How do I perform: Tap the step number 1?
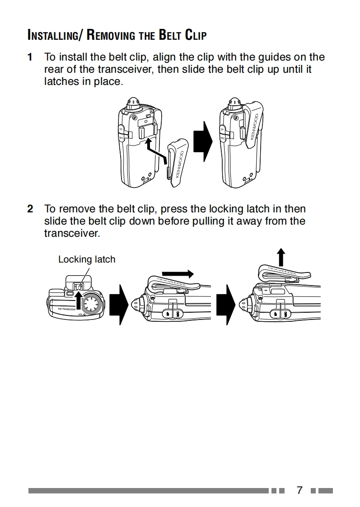[30, 57]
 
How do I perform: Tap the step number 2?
[30, 209]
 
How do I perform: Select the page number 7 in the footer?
[299, 490]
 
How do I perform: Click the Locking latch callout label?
[87, 259]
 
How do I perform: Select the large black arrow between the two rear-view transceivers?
[203, 140]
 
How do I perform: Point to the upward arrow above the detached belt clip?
[281, 257]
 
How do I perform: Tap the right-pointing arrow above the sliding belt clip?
[177, 274]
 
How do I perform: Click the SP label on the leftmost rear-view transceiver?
[121, 129]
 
